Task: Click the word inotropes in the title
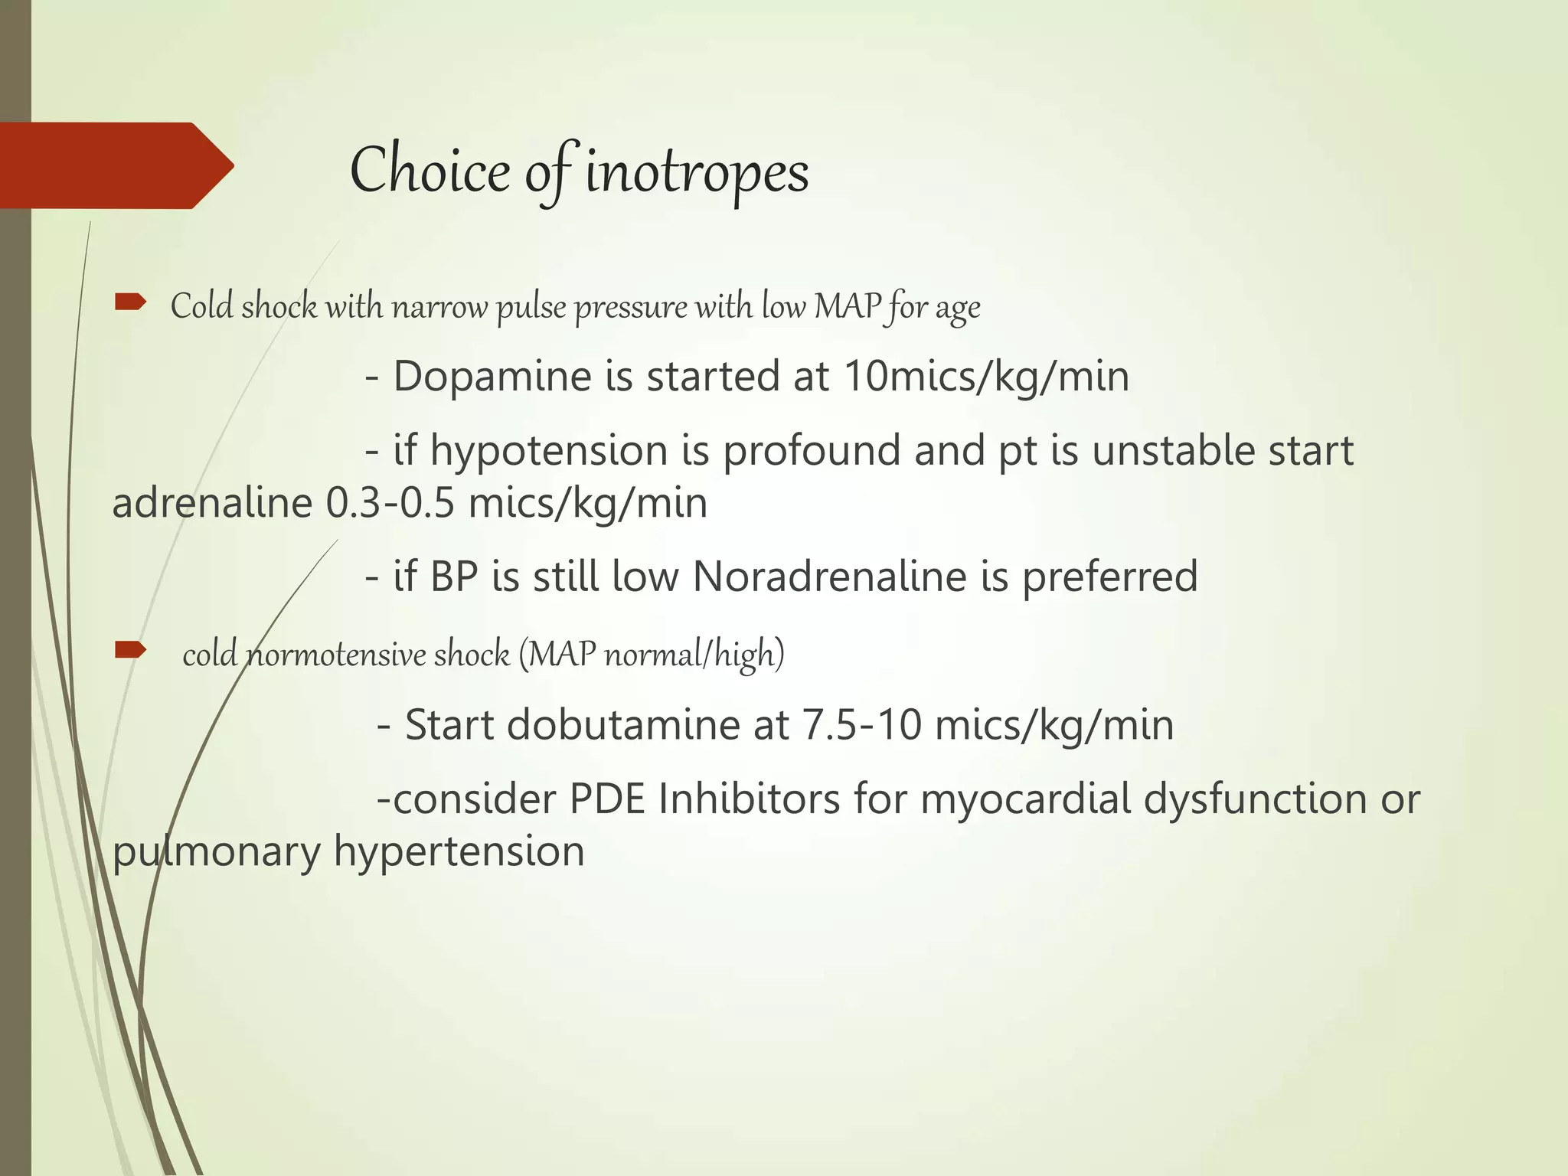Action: [697, 172]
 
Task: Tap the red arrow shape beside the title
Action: [115, 165]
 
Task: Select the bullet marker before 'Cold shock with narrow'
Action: [130, 303]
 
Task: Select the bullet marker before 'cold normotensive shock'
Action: [130, 651]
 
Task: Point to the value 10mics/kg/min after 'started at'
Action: [986, 377]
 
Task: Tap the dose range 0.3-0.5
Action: [390, 504]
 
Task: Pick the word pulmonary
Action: [216, 852]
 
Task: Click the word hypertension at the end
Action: [459, 852]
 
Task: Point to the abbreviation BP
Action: [454, 577]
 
